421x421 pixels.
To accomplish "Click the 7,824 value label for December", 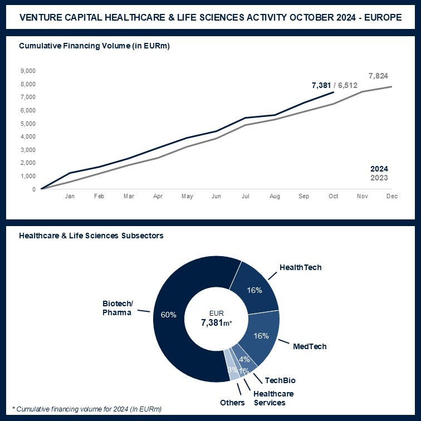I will (378, 76).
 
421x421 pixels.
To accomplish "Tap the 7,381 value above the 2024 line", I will (321, 85).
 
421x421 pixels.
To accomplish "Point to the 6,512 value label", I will (348, 85).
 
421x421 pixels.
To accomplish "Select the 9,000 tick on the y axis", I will (28, 71).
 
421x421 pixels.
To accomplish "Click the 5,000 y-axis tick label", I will (28, 124).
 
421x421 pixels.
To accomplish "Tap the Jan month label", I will (70, 197).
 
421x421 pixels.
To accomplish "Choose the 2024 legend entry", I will (379, 169).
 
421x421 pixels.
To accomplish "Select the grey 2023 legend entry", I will (379, 178).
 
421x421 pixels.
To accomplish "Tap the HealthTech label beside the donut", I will (301, 267).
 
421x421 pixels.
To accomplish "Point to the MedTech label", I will (310, 346).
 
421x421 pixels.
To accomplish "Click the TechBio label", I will (280, 380).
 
